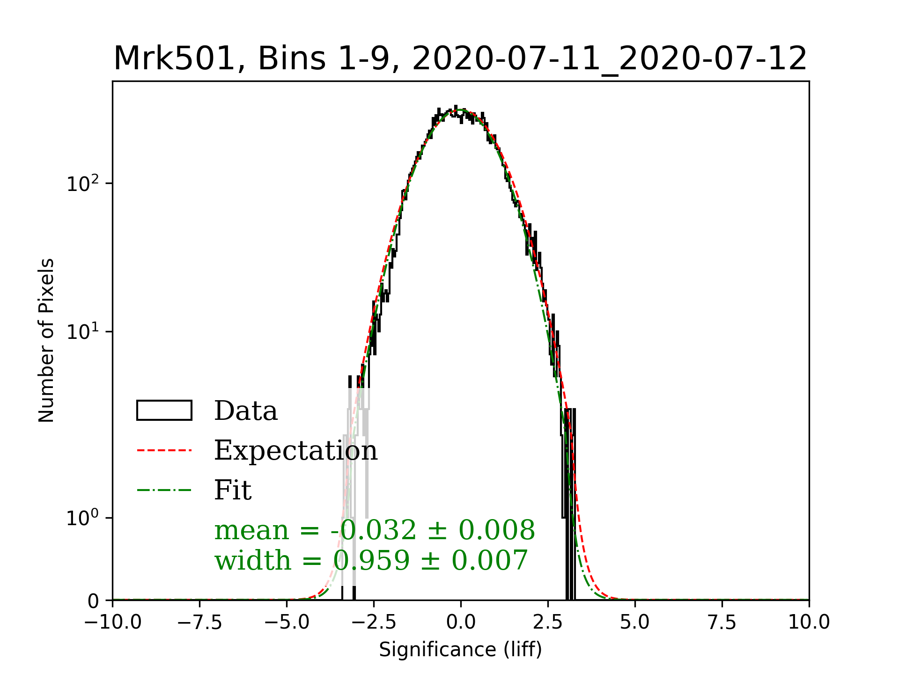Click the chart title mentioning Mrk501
460,59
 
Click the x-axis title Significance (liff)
460,650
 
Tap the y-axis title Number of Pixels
46,340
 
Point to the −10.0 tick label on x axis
113,622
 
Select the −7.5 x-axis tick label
200,622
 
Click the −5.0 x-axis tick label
287,622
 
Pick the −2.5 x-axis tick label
374,622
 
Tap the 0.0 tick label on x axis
461,622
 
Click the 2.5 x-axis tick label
548,622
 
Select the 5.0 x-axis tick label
635,622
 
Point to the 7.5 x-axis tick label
722,622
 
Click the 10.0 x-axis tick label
809,622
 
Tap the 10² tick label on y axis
83,183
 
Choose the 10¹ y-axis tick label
83,331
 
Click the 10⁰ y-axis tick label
83,518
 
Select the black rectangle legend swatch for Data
164,410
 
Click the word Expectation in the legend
295,450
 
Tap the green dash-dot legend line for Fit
164,491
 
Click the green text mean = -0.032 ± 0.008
375,530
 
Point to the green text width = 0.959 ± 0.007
371,560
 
